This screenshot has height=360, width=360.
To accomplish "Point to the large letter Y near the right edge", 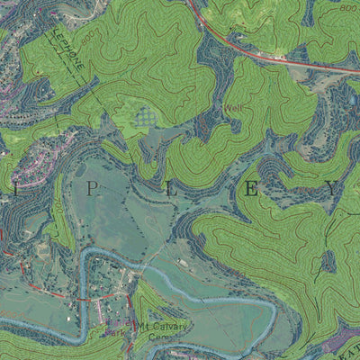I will [x=333, y=189].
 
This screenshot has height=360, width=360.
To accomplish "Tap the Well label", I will [x=233, y=109].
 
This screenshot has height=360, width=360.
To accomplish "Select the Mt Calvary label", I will [x=162, y=327].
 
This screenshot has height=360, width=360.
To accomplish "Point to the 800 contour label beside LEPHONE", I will [x=87, y=39].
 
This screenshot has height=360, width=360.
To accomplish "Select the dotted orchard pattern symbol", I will [x=144, y=116].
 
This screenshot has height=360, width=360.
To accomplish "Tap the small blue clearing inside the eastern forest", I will [x=329, y=260].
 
